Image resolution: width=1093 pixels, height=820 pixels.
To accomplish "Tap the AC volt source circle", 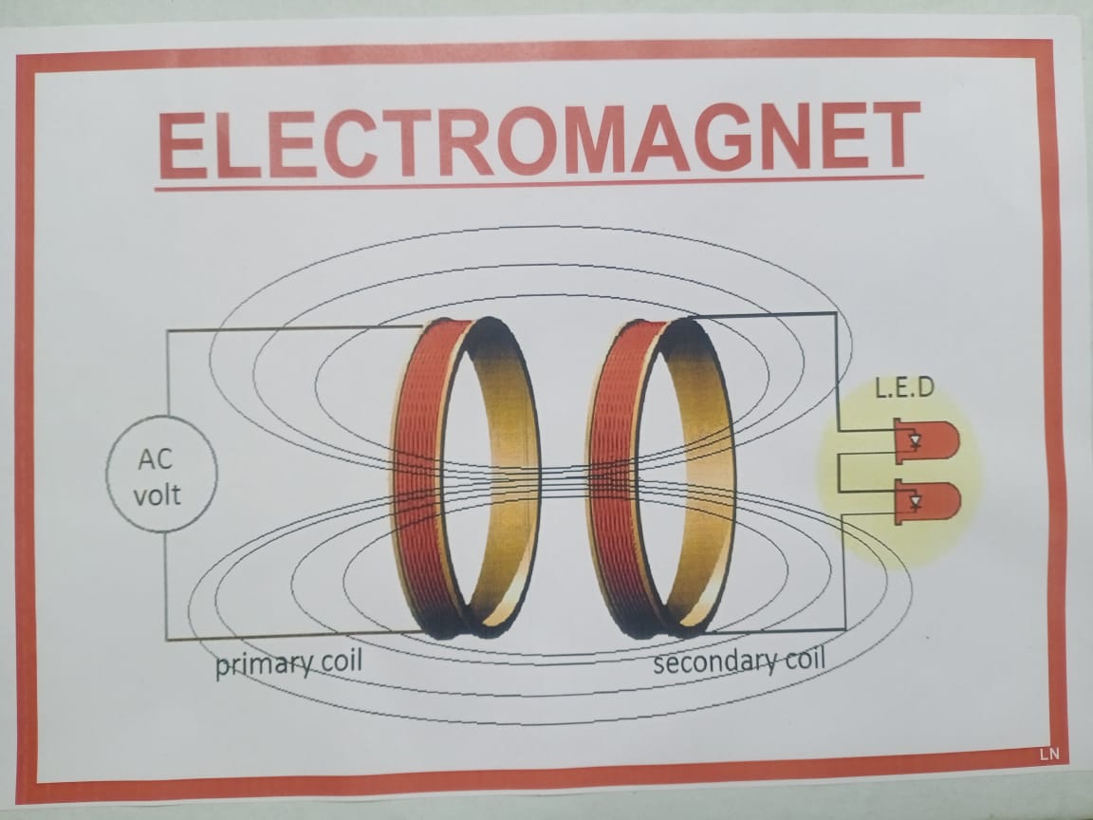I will coord(161,475).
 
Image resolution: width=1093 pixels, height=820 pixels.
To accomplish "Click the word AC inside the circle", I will coord(156,460).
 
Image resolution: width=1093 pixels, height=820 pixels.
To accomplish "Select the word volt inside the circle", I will coord(157,494).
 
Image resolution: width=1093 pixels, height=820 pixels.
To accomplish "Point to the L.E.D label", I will coord(905,388).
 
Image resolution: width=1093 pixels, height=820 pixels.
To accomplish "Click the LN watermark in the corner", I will coord(1047,755).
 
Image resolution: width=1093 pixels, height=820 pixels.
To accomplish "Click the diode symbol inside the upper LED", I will coord(914,440).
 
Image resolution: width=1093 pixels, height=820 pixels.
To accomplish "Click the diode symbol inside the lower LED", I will coord(914,500).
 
